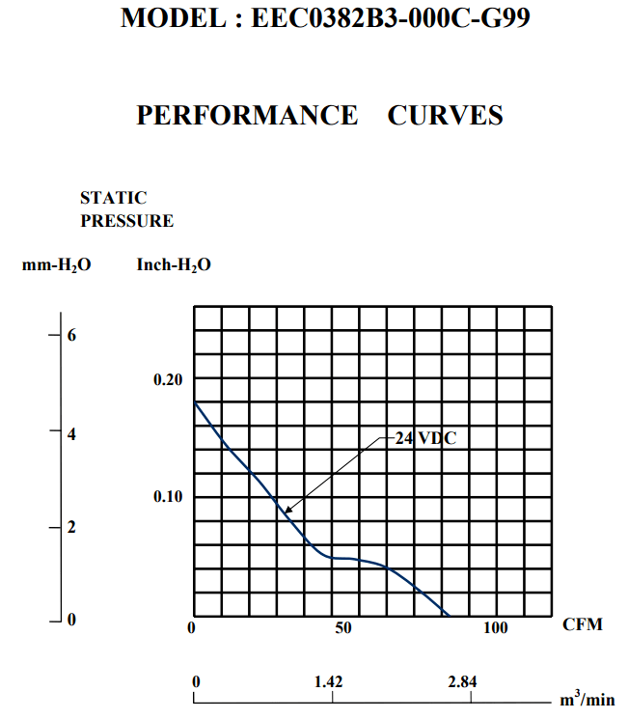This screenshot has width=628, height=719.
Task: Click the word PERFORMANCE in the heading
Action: [247, 116]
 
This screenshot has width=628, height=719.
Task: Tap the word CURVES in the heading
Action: [445, 116]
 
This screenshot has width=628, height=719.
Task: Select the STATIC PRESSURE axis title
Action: [126, 209]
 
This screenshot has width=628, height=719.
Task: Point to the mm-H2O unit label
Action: [57, 264]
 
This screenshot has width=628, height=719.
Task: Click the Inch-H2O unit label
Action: [174, 264]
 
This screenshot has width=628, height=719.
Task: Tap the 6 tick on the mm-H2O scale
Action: [70, 335]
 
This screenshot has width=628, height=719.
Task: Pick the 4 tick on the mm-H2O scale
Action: [70, 434]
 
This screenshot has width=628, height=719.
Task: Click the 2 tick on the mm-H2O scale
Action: [70, 528]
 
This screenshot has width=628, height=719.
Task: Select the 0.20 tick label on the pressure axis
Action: [168, 380]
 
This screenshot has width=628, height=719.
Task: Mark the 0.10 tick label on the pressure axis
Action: [168, 497]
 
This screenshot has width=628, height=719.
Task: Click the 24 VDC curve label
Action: [424, 437]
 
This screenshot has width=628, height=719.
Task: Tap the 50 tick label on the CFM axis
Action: [343, 628]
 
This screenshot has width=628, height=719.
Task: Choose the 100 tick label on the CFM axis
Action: [495, 628]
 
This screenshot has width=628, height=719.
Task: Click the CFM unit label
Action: [583, 624]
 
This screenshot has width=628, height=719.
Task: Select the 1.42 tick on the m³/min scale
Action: [329, 682]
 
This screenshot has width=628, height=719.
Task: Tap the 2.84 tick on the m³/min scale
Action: [462, 682]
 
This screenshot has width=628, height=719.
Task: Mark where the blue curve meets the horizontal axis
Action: [449, 616]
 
